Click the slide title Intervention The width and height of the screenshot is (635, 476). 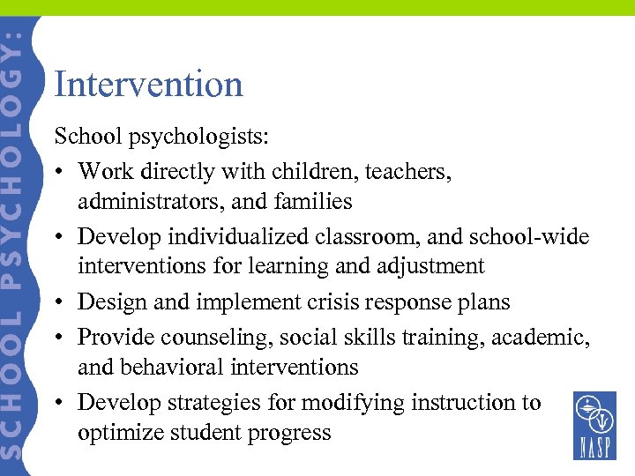[x=148, y=85]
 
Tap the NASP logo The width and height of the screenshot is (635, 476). [x=594, y=426]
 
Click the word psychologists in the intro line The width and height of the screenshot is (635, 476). [x=202, y=138]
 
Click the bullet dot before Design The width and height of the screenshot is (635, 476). [x=60, y=302]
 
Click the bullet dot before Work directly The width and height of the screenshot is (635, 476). [x=60, y=172]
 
